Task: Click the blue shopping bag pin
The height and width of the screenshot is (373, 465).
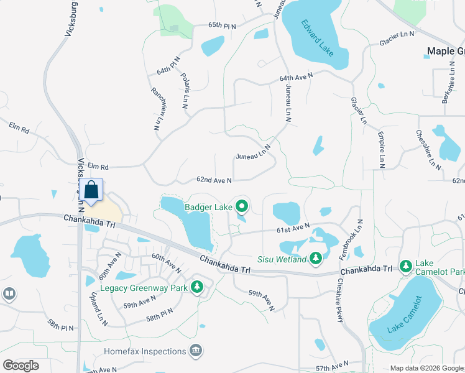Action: tap(91, 191)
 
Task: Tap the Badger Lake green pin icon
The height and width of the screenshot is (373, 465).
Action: tap(241, 206)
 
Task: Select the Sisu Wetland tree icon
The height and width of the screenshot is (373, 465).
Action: tap(315, 258)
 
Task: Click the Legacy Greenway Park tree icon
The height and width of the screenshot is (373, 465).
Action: tap(197, 287)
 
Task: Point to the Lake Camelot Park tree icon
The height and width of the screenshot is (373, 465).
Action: tap(405, 266)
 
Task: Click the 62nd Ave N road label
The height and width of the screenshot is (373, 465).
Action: tap(214, 180)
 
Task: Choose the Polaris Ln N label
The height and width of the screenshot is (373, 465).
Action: tap(185, 91)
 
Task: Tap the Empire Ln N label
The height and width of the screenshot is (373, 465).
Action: tap(381, 149)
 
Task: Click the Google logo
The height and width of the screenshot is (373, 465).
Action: tap(21, 366)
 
